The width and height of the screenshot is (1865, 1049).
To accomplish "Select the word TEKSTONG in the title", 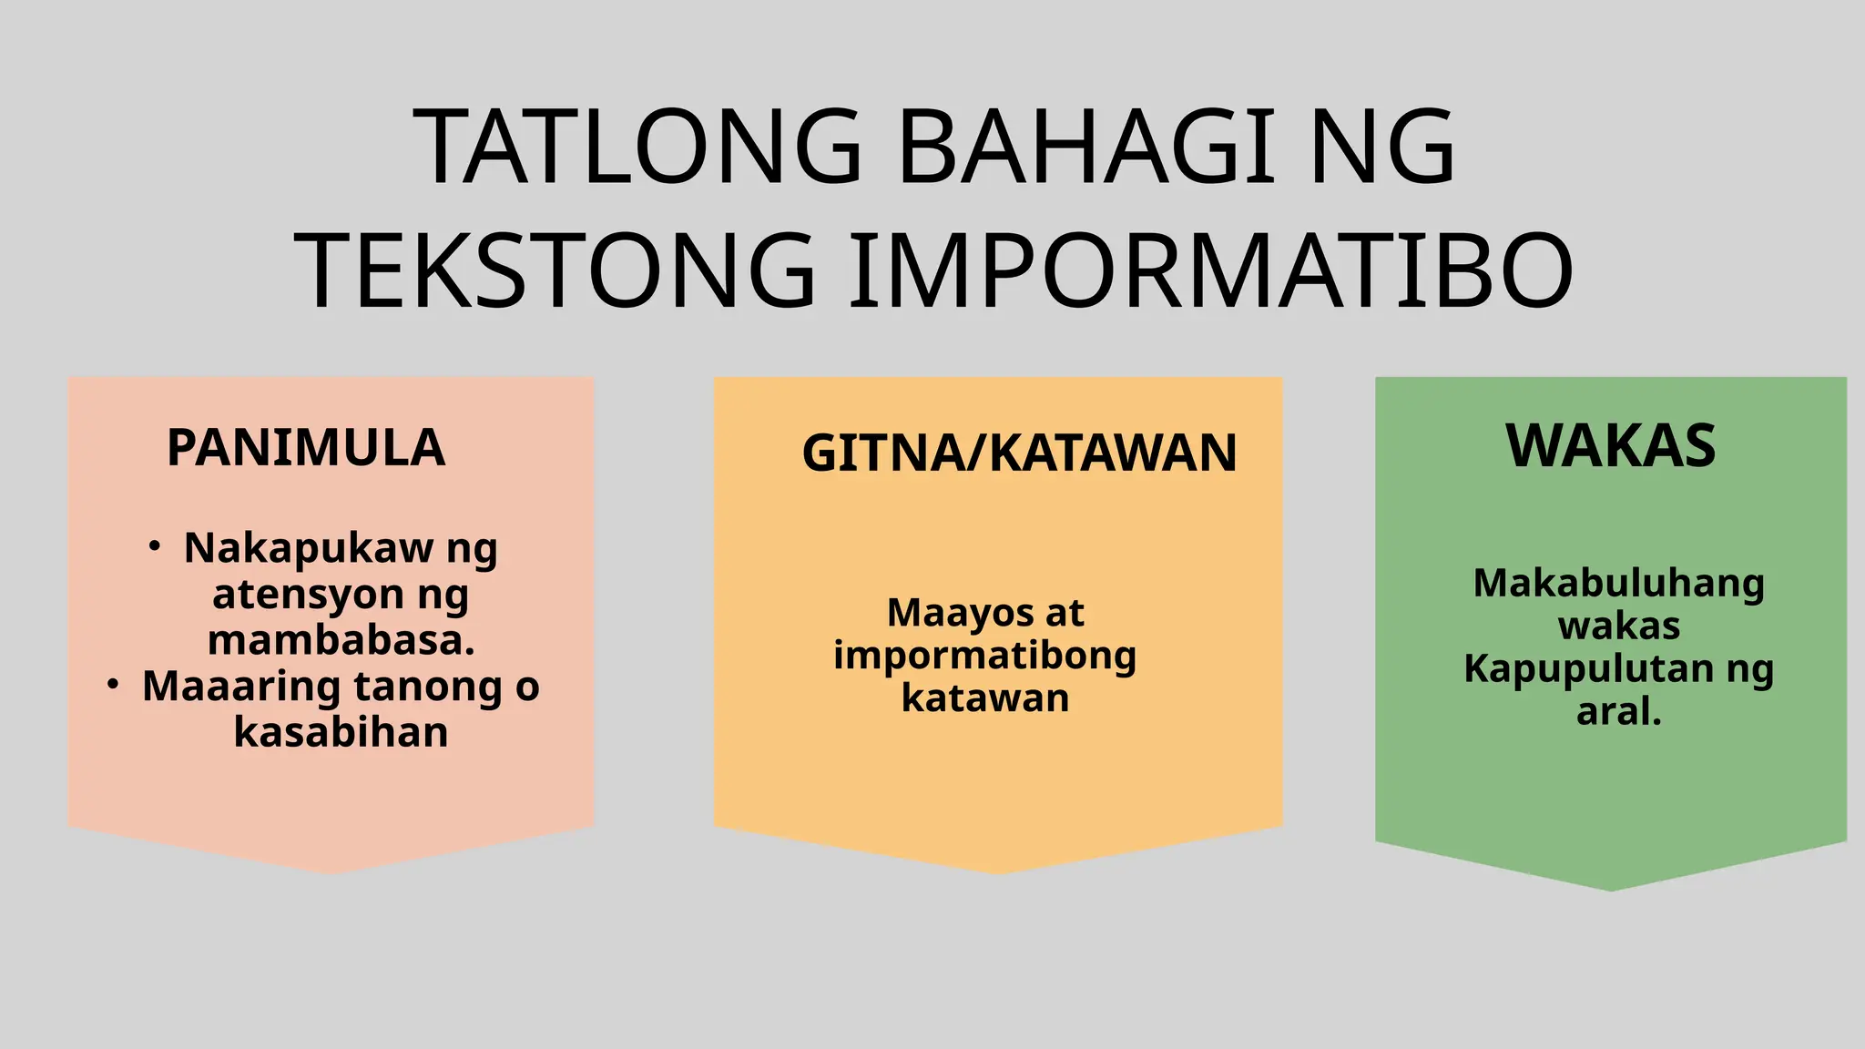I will click(x=555, y=271).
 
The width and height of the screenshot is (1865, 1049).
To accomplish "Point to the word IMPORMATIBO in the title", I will click(x=1210, y=271).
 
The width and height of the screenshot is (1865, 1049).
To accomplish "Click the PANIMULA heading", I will click(x=306, y=448).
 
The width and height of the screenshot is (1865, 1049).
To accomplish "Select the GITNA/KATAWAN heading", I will click(x=1019, y=453).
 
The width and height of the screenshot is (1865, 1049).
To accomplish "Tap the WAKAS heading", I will click(x=1610, y=446).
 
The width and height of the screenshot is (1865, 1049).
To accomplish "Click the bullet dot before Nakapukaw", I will click(x=155, y=546).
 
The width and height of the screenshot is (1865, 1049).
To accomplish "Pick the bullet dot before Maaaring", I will click(x=113, y=685).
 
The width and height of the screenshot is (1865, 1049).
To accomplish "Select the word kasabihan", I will click(x=341, y=732).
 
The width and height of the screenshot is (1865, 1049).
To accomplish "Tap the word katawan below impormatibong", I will click(x=985, y=698).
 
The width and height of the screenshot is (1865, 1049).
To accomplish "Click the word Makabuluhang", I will click(x=1618, y=584).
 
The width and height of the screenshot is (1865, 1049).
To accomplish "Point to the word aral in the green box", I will click(x=1614, y=712).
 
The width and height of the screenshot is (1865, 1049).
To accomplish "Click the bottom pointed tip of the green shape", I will click(x=1610, y=889).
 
